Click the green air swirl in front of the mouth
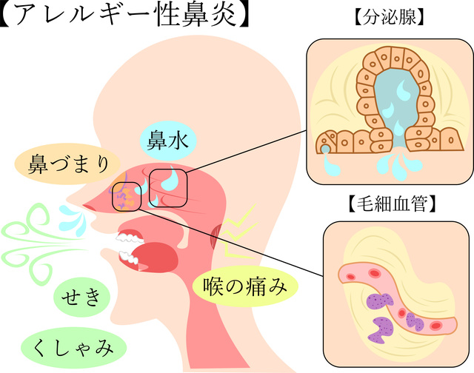coord(37,233)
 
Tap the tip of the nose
coord(84,206)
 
